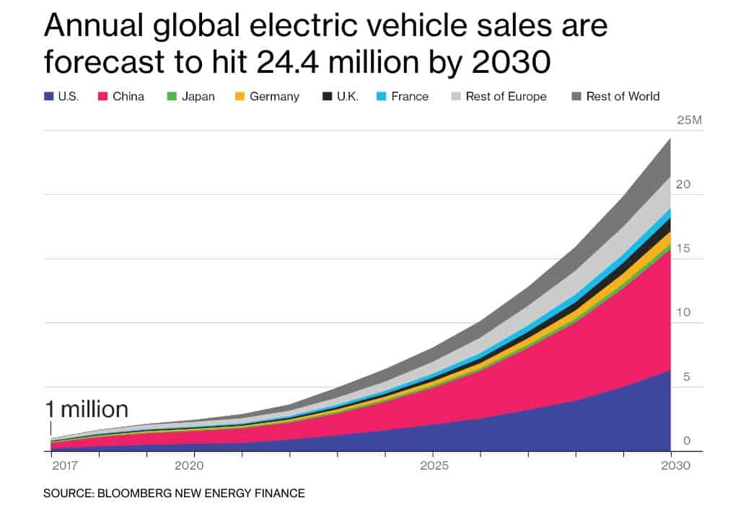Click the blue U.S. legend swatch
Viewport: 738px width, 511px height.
pos(48,96)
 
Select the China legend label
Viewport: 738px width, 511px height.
pos(128,96)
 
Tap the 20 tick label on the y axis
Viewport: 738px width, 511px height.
pos(683,184)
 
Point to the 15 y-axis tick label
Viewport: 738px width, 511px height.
pos(683,248)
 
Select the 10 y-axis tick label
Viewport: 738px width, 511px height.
pos(683,313)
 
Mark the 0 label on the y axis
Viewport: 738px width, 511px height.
pos(687,441)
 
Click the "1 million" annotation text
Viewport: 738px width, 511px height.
pos(86,410)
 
